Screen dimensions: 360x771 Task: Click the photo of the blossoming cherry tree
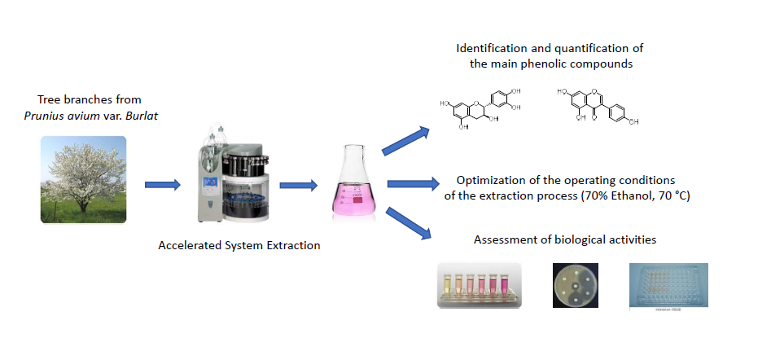click(84, 179)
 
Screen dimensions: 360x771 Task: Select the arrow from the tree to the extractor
click(162, 185)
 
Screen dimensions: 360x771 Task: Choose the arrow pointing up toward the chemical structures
click(405, 139)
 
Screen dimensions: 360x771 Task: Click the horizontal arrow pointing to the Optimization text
click(410, 185)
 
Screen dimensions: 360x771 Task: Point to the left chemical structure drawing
click(477, 106)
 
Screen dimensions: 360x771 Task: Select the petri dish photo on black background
click(575, 285)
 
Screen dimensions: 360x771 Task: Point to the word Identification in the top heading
click(491, 48)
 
